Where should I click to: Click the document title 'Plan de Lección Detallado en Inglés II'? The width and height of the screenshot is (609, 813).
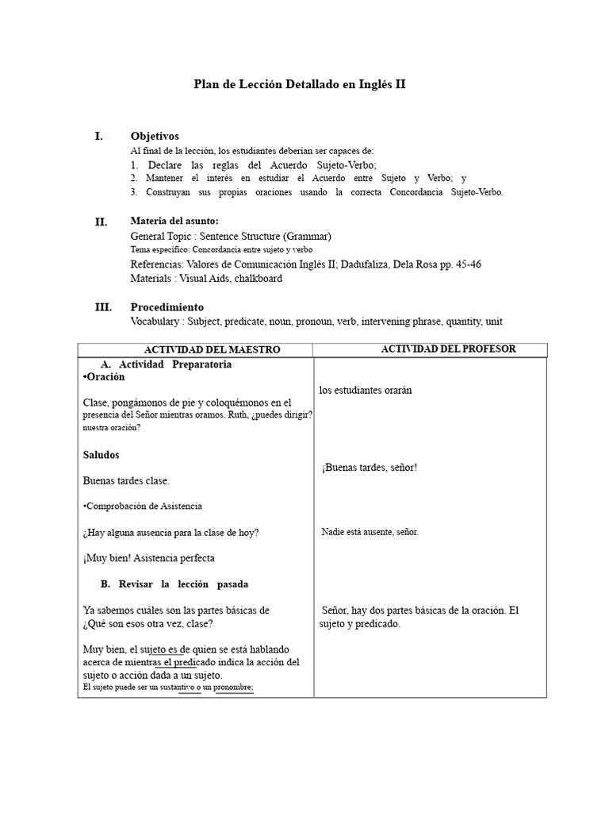click(x=300, y=83)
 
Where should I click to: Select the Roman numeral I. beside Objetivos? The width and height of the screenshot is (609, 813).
click(x=99, y=136)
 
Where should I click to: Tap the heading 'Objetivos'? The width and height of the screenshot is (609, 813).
click(x=155, y=137)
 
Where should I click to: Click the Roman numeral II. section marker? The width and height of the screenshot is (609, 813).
click(x=101, y=222)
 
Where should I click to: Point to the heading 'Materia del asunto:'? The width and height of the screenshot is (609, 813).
click(x=174, y=221)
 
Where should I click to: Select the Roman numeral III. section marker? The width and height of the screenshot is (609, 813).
click(x=103, y=307)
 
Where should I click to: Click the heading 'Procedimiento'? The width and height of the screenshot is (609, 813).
click(x=167, y=307)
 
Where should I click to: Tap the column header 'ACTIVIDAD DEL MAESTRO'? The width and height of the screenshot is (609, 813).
click(x=212, y=350)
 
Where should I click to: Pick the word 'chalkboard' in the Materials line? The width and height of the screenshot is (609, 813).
click(x=256, y=279)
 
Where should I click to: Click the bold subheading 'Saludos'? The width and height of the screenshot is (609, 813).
click(x=101, y=455)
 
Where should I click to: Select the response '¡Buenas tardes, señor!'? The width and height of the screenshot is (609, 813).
click(x=370, y=468)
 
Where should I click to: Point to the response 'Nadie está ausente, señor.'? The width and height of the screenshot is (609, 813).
click(x=370, y=532)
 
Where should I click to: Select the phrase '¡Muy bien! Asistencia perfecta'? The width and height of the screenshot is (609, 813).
click(x=148, y=558)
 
